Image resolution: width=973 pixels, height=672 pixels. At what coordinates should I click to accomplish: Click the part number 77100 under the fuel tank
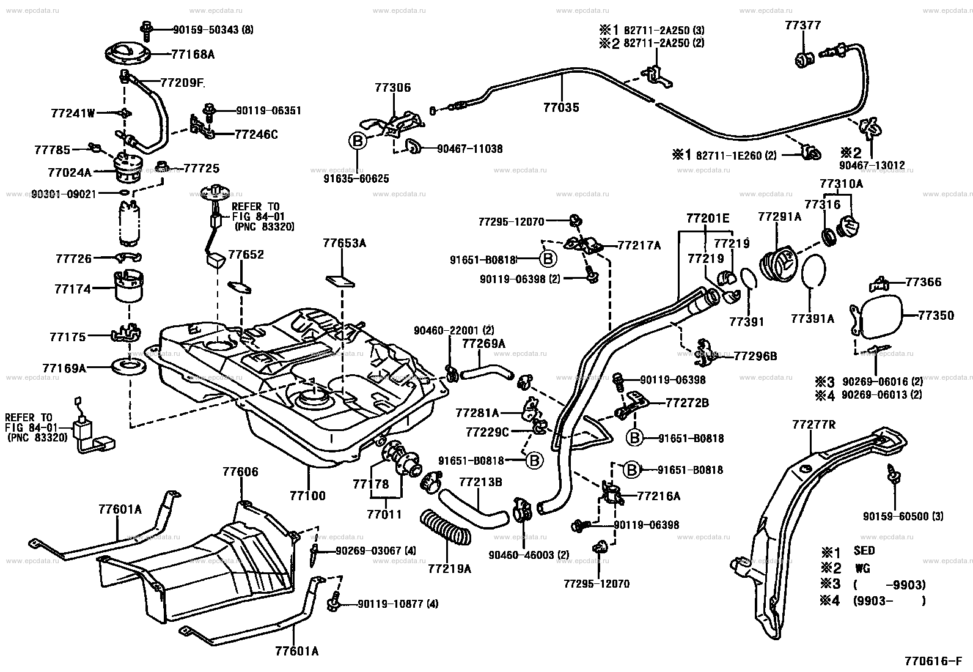pos(308,495)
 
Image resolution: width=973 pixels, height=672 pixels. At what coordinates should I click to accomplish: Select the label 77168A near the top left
pos(193,54)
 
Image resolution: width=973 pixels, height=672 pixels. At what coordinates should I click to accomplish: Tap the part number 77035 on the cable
pos(561,108)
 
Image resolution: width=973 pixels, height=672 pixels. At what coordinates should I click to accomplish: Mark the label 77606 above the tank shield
pos(240,472)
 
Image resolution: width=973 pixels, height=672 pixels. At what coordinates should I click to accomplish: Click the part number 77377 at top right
pos(803,25)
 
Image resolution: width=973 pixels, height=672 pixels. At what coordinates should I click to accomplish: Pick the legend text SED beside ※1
pos(864,550)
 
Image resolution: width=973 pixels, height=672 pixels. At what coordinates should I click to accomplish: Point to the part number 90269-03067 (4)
pos(375,550)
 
